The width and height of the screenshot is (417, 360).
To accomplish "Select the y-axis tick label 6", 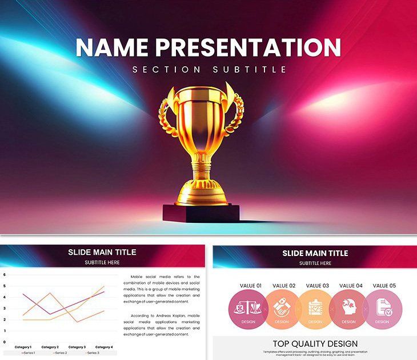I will tap(5, 275).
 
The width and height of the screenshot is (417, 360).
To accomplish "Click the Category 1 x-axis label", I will tap(23, 347).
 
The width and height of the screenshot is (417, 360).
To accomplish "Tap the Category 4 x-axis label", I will tap(103, 347).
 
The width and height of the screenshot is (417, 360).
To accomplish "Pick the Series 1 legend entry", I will tap(29, 353).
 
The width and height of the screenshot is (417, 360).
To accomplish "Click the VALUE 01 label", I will tap(251, 286).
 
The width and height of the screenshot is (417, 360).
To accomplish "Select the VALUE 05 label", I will tap(384, 286).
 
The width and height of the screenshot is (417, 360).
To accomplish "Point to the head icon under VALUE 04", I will tap(348, 307).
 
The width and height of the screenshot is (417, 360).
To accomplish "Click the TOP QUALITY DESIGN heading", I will tap(315, 343).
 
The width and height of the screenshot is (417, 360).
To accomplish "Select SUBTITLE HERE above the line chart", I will tap(102, 263).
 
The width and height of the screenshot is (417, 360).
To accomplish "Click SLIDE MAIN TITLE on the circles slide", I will tap(315, 253).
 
